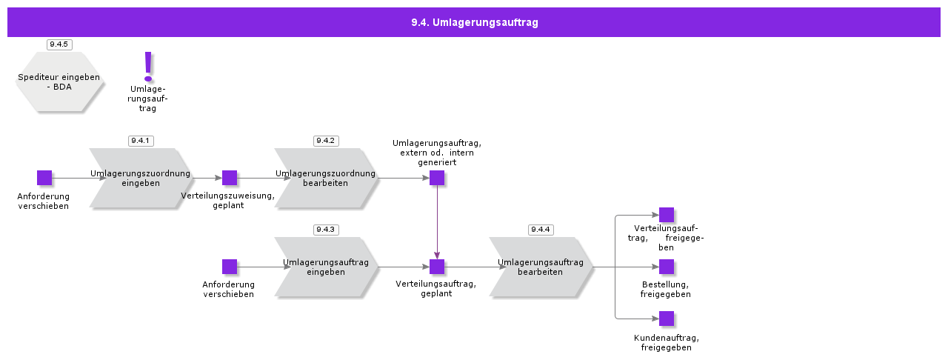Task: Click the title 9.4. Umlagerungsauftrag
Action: click(x=474, y=22)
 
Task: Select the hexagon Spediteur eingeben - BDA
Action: click(x=59, y=81)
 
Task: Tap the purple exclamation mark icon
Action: click(x=148, y=67)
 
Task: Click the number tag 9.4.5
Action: click(x=59, y=44)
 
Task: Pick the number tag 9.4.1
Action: click(x=141, y=141)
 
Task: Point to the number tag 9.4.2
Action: click(x=326, y=141)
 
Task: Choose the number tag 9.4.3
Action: click(x=326, y=230)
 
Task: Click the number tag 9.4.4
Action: click(x=541, y=230)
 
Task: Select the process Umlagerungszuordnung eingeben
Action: click(x=141, y=179)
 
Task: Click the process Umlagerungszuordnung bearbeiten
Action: click(x=326, y=179)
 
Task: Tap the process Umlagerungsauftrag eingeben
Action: click(x=326, y=267)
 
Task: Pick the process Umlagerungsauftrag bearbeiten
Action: click(x=541, y=267)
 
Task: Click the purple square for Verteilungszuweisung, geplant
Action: click(x=230, y=178)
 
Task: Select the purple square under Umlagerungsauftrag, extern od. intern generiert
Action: click(x=437, y=178)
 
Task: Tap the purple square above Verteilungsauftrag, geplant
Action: click(x=437, y=267)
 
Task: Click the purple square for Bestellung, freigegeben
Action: click(x=667, y=267)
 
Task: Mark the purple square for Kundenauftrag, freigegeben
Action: click(x=667, y=319)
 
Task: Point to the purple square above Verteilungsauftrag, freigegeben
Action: click(x=667, y=215)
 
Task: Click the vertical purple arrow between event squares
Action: click(x=437, y=222)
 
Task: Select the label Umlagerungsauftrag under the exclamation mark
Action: click(x=148, y=99)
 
